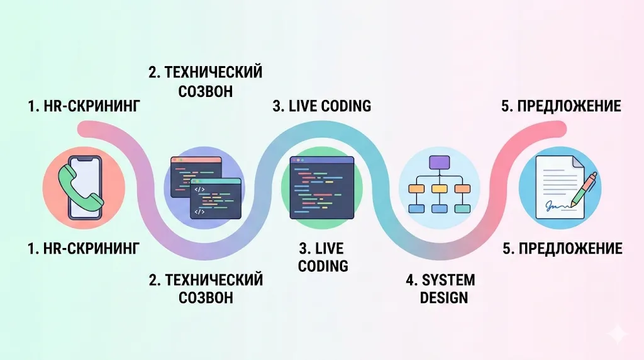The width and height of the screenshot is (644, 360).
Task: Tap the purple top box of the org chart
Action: coord(439,162)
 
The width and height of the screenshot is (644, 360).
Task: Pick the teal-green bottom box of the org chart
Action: coord(462,208)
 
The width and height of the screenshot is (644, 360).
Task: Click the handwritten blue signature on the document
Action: coord(555,205)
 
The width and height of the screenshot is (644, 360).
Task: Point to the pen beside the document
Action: coord(583,189)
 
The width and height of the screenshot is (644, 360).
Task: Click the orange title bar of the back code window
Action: coord(196,160)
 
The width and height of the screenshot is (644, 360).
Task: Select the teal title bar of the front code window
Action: coord(216,181)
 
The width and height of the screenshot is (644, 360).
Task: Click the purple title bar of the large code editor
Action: coord(321,160)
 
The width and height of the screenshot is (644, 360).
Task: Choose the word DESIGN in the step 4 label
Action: coord(444,297)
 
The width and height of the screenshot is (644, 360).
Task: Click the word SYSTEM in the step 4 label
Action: coord(448,279)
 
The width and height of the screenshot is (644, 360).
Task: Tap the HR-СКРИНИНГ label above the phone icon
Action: coord(84,106)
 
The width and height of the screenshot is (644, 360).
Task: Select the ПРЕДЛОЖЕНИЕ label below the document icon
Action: coord(562,249)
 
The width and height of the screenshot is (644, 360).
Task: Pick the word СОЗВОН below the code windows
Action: coord(206,297)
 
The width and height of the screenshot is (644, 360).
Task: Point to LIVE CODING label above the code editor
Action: coord(321,106)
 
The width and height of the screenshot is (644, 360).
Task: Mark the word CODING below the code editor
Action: coord(323,266)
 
